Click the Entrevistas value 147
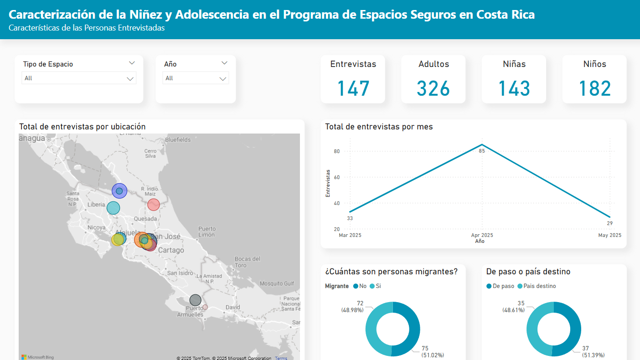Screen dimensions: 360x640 coord(353,88)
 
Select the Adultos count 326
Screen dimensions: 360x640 coord(433,88)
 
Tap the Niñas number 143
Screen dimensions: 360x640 coord(514,88)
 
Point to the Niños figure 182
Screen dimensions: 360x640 coord(594,88)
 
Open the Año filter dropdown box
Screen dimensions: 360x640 coord(196,78)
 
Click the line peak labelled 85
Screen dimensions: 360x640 coord(482,145)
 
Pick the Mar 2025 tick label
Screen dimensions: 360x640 coord(350,236)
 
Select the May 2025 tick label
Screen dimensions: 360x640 coord(609,236)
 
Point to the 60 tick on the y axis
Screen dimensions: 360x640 coord(337,177)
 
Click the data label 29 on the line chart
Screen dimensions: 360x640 coord(609,223)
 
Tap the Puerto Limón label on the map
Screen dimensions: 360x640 coord(206,231)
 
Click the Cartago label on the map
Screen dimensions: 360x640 coord(171,250)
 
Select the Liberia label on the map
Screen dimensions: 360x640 coord(96,205)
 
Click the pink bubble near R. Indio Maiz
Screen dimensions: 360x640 coord(154,205)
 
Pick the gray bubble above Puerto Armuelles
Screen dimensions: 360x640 coord(195,300)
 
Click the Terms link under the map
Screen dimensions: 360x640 coord(281,358)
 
